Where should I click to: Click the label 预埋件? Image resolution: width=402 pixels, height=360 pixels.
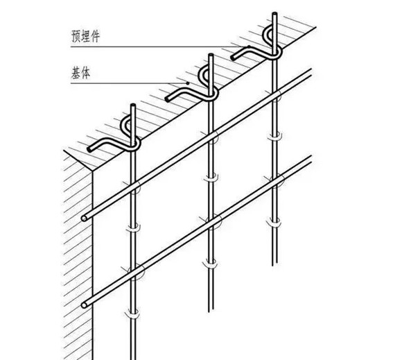(x=85, y=36)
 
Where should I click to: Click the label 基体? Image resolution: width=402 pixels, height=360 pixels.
(x=81, y=73)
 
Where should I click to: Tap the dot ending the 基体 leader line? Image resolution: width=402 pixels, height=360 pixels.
(x=188, y=83)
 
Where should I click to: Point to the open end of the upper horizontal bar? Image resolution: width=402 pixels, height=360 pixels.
(x=84, y=218)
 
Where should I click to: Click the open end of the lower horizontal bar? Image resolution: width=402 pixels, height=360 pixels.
(x=84, y=305)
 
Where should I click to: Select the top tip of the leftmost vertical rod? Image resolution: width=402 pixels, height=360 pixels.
(x=133, y=105)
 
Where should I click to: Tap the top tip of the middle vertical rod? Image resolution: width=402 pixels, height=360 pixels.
(x=211, y=55)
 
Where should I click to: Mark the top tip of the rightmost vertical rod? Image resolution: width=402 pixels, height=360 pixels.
(x=275, y=13)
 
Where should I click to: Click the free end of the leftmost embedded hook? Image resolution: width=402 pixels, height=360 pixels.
(x=89, y=149)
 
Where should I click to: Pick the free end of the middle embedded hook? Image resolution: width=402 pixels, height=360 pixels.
(x=168, y=98)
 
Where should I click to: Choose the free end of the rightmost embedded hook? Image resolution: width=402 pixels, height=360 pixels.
(x=233, y=58)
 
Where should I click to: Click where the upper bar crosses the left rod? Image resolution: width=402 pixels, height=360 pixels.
(x=133, y=187)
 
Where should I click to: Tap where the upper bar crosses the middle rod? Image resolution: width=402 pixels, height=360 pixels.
(x=211, y=136)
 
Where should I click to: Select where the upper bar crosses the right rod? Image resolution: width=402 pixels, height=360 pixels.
(x=275, y=95)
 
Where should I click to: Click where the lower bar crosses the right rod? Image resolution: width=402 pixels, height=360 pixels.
(x=275, y=181)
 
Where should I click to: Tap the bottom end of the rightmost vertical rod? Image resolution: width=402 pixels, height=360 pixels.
(x=275, y=265)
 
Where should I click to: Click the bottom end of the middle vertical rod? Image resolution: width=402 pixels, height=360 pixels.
(x=211, y=311)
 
